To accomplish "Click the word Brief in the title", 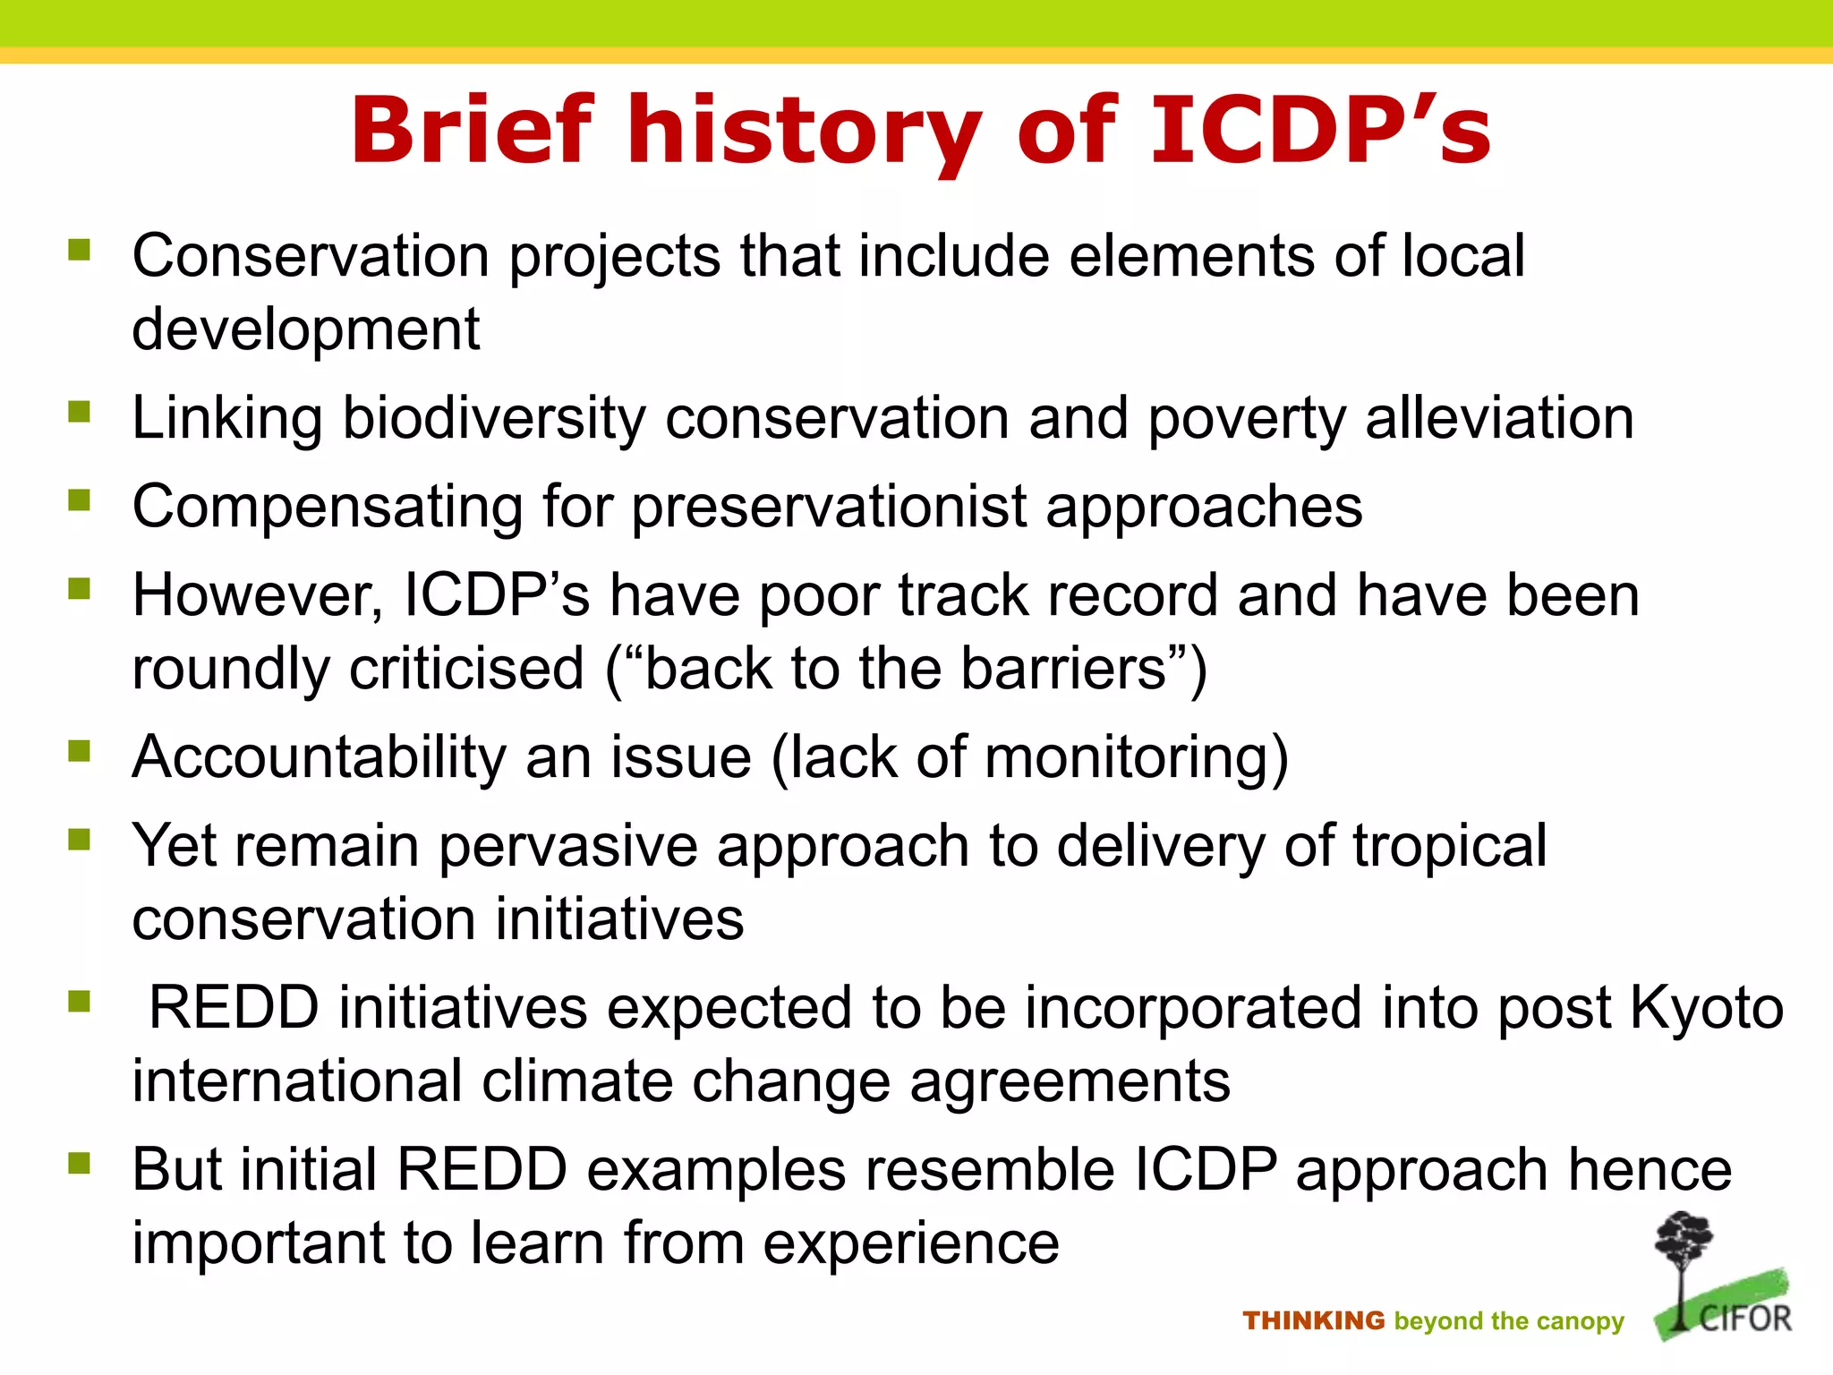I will coord(472,131).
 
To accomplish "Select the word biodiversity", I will coord(494,419).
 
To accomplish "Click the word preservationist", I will coord(830,508).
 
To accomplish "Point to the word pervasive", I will coord(567,846).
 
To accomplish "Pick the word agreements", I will coord(1070,1082).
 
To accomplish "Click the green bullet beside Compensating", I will coord(80,500).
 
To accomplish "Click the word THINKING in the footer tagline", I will coord(1313,1321).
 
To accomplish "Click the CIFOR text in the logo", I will coord(1745,1319).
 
